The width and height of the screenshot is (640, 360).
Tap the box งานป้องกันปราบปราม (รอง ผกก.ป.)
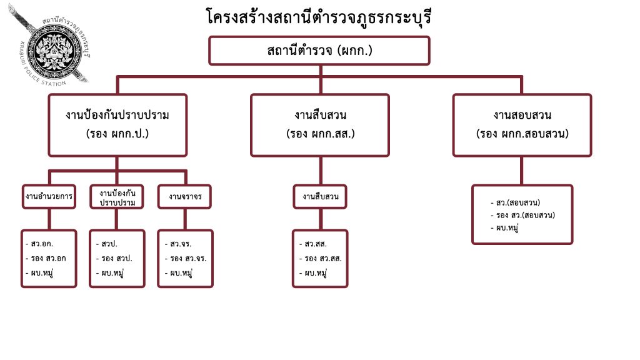117,124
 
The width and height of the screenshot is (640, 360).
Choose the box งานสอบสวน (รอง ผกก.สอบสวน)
522,124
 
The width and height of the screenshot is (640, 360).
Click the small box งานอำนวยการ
49,196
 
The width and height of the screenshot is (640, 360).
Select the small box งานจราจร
185,196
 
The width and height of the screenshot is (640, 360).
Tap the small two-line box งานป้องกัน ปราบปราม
117,196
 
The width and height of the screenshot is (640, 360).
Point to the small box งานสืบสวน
320,196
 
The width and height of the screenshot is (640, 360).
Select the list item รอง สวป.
114,258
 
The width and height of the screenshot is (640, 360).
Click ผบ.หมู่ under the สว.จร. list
178,272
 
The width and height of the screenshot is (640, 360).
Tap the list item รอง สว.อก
46,258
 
